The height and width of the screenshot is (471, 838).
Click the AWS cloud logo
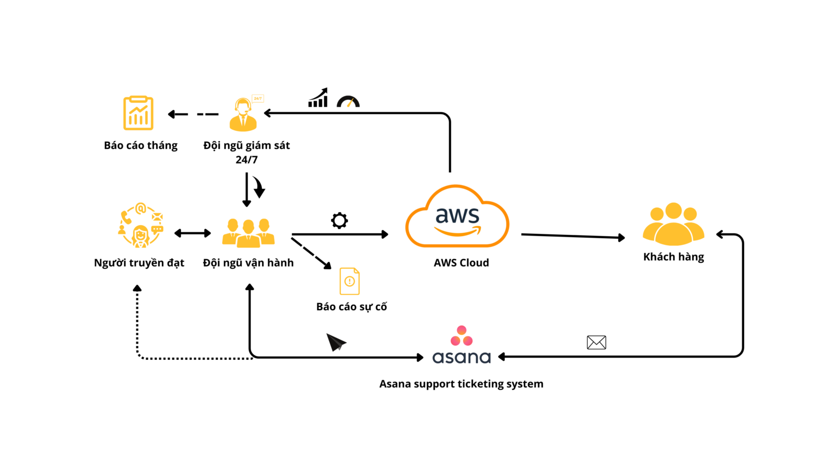pos(457,216)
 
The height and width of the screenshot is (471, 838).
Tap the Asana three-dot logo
pos(462,336)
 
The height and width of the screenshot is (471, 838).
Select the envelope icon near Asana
pos(596,342)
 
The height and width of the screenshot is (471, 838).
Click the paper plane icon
pos(336,342)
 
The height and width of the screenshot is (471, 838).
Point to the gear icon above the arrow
pos(339,221)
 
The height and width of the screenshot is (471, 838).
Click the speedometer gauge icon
pos(348,101)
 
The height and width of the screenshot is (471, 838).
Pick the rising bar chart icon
pos(318,98)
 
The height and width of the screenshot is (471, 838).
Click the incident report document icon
pos(349,281)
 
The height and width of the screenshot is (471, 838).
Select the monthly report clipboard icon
pos(138,113)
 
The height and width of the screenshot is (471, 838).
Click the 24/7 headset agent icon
pos(244,114)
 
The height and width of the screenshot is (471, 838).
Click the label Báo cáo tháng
pos(141,146)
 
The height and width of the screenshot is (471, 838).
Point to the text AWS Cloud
pos(461,263)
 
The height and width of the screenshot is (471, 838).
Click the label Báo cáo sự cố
pos(351,307)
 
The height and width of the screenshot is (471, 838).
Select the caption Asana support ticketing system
pos(461,384)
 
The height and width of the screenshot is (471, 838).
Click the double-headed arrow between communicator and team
pos(193,233)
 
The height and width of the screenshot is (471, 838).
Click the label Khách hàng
pos(673,257)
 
